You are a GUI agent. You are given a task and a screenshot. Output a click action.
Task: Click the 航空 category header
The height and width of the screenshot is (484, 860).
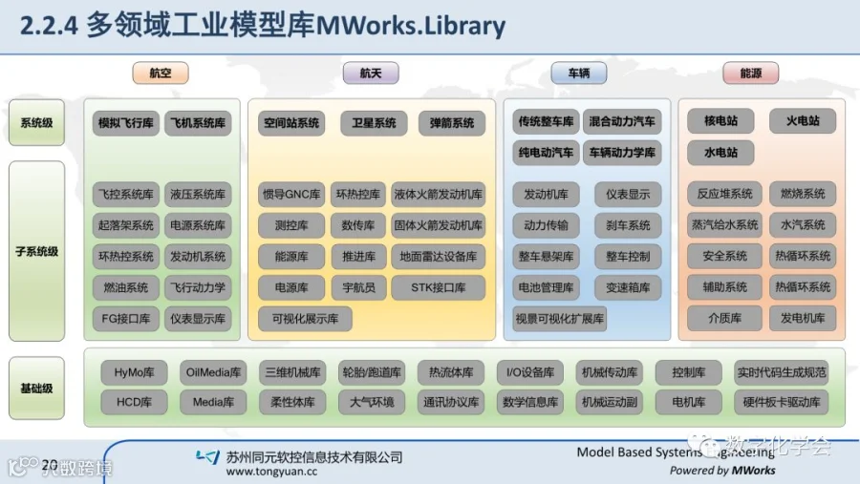click(x=160, y=74)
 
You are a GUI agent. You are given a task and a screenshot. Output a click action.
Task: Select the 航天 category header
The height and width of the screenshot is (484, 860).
click(x=371, y=74)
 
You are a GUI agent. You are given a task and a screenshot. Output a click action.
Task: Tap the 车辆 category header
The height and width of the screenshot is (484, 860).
click(x=579, y=74)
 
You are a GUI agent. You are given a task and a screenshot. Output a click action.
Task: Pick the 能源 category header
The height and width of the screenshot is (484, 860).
click(x=751, y=74)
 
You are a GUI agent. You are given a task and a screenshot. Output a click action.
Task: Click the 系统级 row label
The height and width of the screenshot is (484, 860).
click(x=36, y=122)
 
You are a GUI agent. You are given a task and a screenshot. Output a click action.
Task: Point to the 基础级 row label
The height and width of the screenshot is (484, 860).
click(x=36, y=389)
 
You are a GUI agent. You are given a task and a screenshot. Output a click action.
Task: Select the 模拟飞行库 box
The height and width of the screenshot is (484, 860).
click(x=124, y=123)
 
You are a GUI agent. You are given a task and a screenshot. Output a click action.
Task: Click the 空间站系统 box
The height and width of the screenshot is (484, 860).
click(x=291, y=123)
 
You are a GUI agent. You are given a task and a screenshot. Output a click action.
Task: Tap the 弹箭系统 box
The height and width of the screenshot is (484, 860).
click(x=451, y=123)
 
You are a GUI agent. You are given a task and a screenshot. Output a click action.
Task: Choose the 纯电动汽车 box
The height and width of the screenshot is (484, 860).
click(x=547, y=152)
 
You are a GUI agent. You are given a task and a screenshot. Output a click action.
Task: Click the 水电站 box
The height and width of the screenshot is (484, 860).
click(x=720, y=153)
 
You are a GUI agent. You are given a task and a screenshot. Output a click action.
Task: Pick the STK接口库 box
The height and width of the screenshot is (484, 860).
click(x=438, y=287)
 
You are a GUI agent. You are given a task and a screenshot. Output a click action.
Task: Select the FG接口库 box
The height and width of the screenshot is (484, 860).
click(x=124, y=318)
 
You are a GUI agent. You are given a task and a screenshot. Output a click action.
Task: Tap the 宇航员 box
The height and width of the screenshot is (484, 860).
click(x=358, y=287)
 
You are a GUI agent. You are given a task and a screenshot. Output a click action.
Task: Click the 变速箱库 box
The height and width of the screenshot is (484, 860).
click(x=627, y=287)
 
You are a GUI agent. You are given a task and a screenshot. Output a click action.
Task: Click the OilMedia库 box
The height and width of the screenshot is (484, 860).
click(x=213, y=372)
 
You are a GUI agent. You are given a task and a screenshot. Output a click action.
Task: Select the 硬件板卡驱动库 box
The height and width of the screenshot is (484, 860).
click(x=781, y=402)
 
